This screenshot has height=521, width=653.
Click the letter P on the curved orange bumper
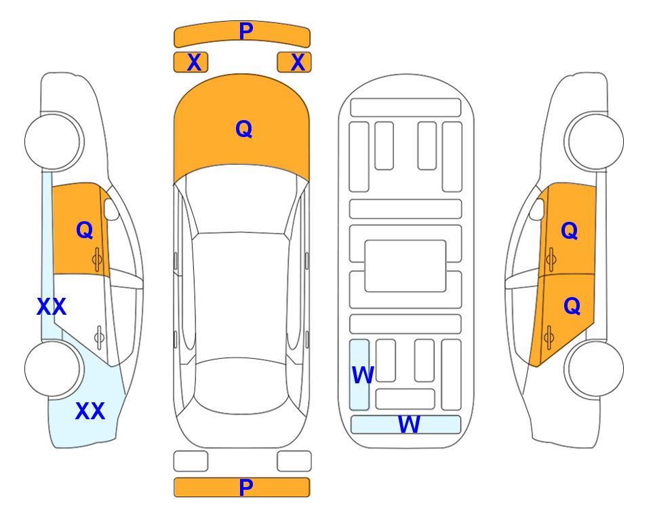(x=246, y=31)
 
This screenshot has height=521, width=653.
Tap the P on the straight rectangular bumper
(x=246, y=487)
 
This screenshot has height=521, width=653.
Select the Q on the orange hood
(x=244, y=129)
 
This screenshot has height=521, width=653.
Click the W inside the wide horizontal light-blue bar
(x=409, y=424)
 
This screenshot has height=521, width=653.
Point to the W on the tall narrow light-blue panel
(x=363, y=375)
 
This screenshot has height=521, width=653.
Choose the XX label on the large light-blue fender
(x=90, y=411)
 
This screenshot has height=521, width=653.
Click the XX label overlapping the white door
(x=52, y=307)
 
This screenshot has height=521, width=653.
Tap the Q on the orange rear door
(x=572, y=307)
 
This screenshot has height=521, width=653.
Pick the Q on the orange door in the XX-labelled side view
(x=85, y=230)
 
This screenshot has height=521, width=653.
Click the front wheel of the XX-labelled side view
(x=53, y=141)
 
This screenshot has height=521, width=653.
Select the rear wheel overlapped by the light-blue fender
(x=53, y=368)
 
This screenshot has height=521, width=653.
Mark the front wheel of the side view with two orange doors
(x=595, y=141)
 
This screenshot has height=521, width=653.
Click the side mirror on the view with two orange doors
(x=537, y=209)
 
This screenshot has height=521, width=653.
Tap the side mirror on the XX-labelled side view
(x=111, y=209)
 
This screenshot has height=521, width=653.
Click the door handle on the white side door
(x=99, y=336)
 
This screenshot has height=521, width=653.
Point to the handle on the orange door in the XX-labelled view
(x=97, y=259)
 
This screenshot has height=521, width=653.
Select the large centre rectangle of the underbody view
(x=405, y=266)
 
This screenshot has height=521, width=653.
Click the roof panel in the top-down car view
(x=241, y=296)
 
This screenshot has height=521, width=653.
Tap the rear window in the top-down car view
(x=241, y=385)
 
